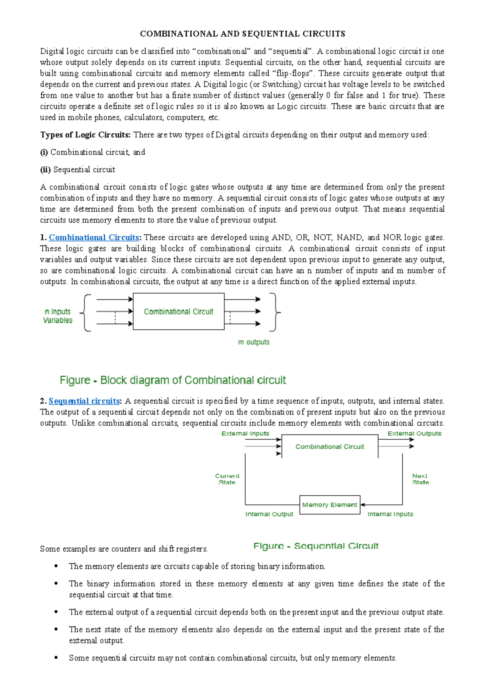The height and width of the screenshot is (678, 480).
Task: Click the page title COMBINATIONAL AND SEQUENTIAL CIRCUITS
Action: point(242,34)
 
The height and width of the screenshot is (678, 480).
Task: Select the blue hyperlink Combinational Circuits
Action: point(94,237)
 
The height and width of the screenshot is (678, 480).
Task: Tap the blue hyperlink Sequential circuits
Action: point(84,401)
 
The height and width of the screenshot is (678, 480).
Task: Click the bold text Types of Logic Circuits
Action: point(85,135)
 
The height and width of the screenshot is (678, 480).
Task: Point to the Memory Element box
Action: point(330,505)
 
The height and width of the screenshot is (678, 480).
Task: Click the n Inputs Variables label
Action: point(58,316)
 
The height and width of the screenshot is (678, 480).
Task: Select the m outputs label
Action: point(254,342)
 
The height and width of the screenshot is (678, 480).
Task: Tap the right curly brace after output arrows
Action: point(274,312)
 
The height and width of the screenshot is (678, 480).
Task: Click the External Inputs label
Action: point(245,433)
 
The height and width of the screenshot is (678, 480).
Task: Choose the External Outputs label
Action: point(414,433)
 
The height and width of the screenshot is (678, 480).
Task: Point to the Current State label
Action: point(227,479)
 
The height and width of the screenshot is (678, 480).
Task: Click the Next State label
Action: point(420,479)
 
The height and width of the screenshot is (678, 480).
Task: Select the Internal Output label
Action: point(269,514)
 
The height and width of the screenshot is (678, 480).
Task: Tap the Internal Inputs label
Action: point(390,514)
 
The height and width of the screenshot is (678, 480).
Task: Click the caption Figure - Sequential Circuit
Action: point(316,546)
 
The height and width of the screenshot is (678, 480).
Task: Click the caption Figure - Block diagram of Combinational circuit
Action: point(173,380)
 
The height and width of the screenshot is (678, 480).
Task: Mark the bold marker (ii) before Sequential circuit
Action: point(45,169)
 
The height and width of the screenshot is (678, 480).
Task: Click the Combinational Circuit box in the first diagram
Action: point(178,311)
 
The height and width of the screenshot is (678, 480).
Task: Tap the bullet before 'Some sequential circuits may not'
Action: point(56,658)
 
